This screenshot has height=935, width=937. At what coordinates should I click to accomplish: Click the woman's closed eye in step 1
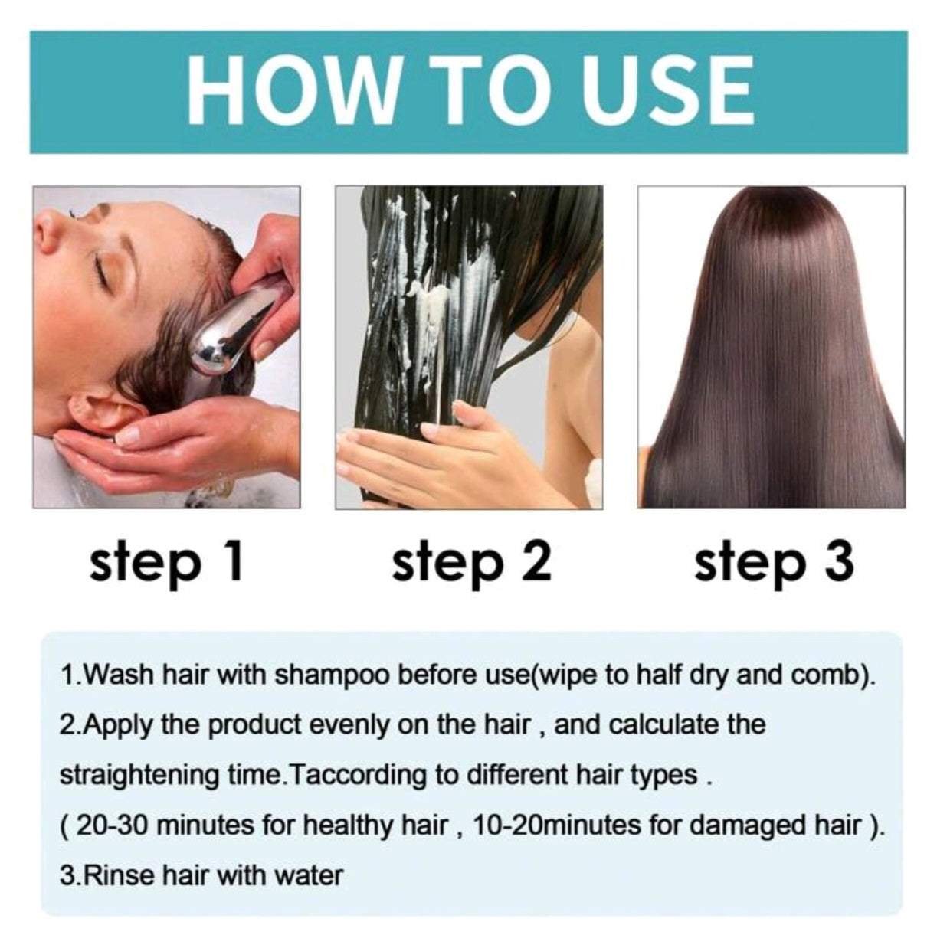(100, 267)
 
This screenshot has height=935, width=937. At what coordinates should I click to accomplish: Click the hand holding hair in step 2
(429, 452)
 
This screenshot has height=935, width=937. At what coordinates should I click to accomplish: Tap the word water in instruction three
(310, 875)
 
